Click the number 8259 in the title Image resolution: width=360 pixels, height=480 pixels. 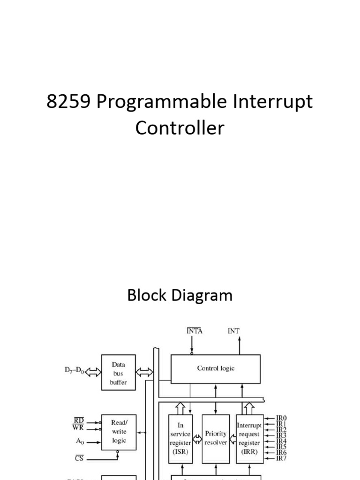[69, 102]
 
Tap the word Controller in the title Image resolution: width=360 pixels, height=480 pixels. [180, 127]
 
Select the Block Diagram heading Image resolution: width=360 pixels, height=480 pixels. [180, 295]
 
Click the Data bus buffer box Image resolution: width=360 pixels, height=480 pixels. [118, 373]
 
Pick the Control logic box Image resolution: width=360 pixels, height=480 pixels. [215, 368]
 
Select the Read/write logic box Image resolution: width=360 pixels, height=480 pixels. [119, 431]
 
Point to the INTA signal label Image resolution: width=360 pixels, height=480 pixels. [194, 331]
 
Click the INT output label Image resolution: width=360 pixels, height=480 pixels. [233, 331]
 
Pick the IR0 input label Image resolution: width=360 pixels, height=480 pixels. [282, 418]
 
